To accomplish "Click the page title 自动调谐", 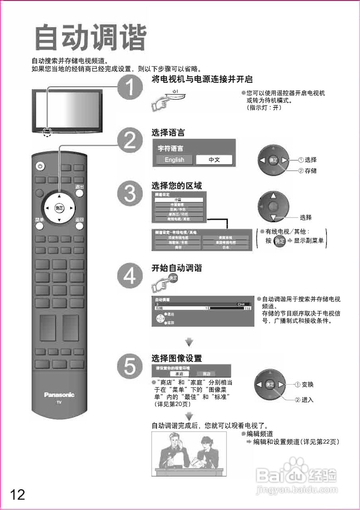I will pos(90,39).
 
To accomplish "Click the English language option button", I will pos(174,160).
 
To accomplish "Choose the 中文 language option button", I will pos(214,160).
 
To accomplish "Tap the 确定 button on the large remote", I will pos(59,208).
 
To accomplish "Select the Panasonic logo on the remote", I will pos(59,395).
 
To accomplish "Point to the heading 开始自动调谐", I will pos(177,268).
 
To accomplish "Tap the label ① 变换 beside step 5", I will pos(304,384).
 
